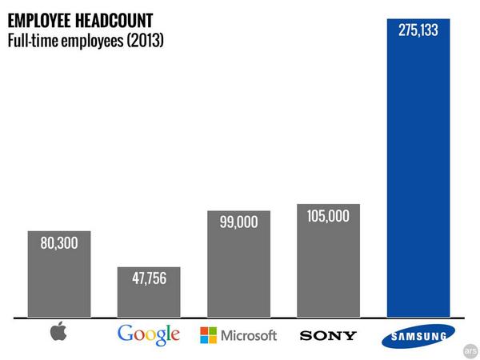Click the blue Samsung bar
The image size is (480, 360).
(418, 176)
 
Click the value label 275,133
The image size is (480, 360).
(418, 30)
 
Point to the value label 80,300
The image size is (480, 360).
(59, 242)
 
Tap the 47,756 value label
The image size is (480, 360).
(149, 280)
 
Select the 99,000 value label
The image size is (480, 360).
(238, 223)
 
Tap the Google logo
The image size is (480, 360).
(149, 334)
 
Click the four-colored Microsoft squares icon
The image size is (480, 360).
(208, 334)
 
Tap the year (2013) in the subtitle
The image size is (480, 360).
(141, 38)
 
